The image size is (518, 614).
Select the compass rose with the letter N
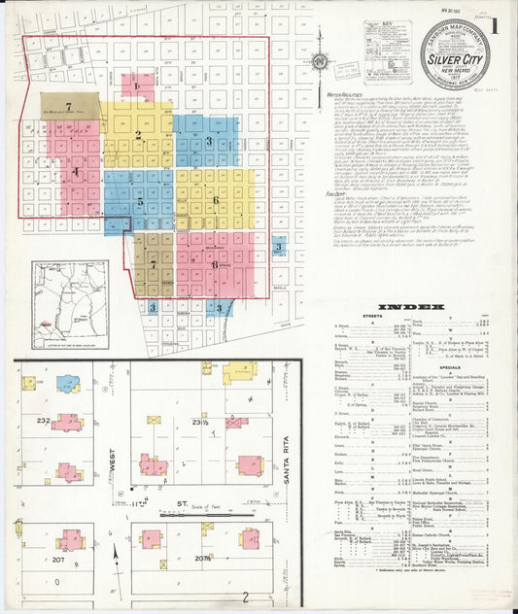(x=319, y=65)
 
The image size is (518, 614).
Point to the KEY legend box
(x=390, y=48)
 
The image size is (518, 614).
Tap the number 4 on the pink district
(x=75, y=172)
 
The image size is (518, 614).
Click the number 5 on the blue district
(x=141, y=202)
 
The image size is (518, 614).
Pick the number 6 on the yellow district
(x=215, y=200)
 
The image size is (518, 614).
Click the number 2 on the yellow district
(x=139, y=135)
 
